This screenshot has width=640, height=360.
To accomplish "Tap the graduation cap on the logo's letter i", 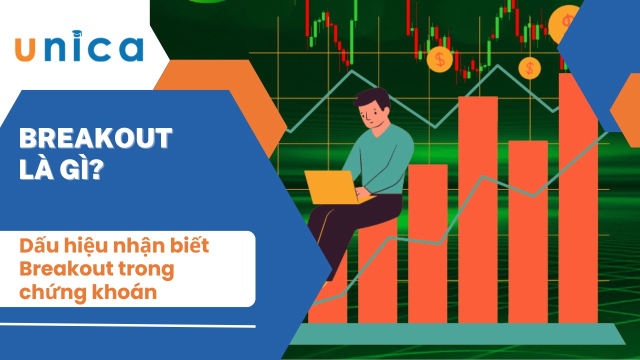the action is pos(77,33).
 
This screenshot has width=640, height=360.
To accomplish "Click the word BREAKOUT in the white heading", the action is pos(95,138).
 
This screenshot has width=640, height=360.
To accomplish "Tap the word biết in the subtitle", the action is pos(189,244).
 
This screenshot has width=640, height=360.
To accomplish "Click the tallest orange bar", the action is pos(578,197).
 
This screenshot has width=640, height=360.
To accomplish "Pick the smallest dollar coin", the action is pos(529,68).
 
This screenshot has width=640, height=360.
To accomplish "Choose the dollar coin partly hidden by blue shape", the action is pos(564,23).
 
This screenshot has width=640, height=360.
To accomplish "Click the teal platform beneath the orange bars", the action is pos(456,334).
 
